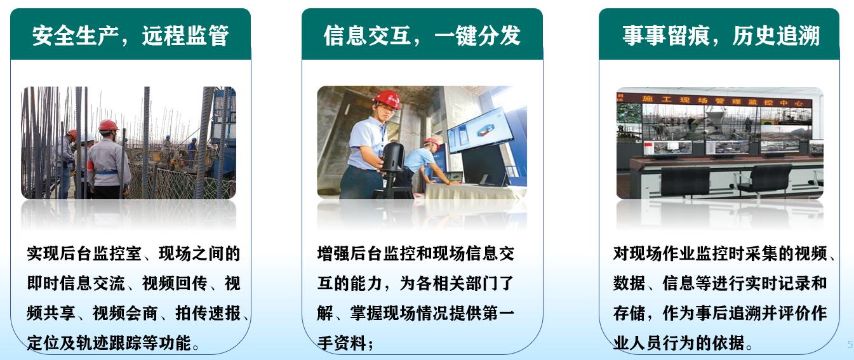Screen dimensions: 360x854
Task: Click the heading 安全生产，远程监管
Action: pos(130,36)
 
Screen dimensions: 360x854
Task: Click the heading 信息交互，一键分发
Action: pos(422,36)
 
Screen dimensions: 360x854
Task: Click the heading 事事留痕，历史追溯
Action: pos(720,36)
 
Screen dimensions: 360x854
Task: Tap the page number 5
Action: pos(850,345)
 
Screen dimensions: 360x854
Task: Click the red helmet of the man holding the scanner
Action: pos(387,99)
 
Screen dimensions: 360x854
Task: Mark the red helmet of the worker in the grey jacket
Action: pos(108,125)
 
